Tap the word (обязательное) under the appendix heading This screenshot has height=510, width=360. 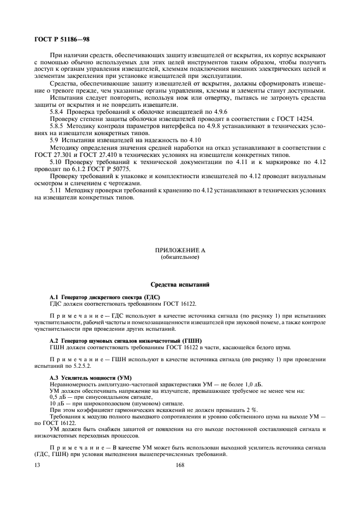(180, 257)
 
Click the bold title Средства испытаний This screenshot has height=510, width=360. (180, 284)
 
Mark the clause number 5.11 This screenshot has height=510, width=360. (56, 191)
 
